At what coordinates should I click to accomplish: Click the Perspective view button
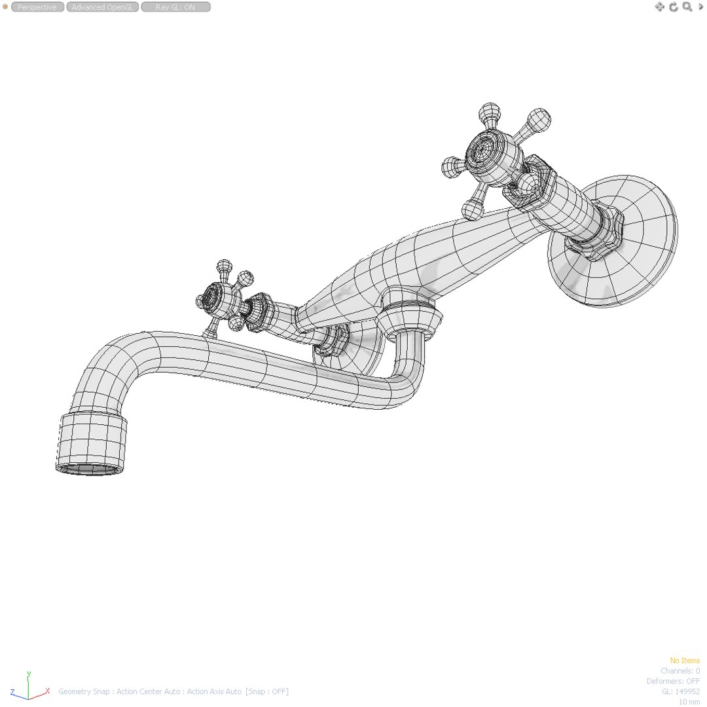pos(37,7)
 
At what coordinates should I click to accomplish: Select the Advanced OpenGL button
pos(102,7)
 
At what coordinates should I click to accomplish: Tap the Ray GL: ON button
pos(175,7)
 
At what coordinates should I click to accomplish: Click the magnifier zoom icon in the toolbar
pos(687,7)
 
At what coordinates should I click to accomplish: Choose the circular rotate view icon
pos(673,7)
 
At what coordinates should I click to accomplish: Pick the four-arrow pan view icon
pos(659,7)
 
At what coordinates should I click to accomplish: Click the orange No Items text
pos(684,661)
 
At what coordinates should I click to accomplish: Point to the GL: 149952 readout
pos(681,691)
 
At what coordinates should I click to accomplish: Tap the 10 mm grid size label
pos(689,702)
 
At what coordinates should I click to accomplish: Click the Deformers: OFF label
pos(673,681)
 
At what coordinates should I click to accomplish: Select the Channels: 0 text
pos(680,671)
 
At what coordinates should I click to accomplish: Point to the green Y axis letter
pos(29,674)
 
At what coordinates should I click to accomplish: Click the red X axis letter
pos(48,691)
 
